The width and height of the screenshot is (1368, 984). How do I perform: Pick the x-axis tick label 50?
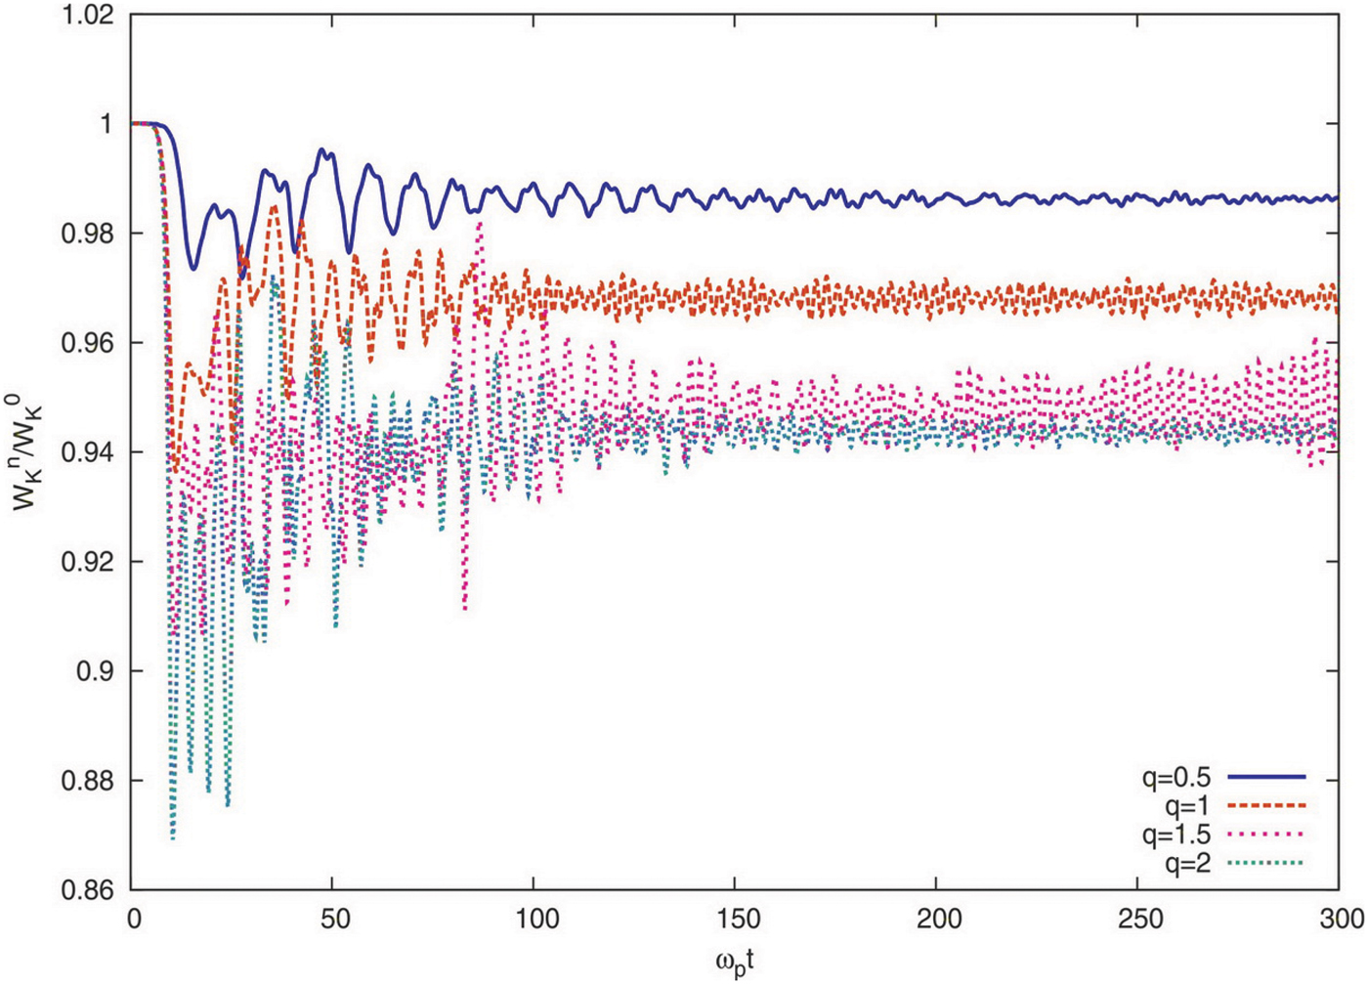[x=334, y=920]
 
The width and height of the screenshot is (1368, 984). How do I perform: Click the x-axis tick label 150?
[x=736, y=920]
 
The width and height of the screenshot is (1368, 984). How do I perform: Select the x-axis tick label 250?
[x=1137, y=920]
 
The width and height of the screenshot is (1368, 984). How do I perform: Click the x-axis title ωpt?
[x=735, y=961]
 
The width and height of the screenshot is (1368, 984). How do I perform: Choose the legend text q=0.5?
[x=1176, y=778]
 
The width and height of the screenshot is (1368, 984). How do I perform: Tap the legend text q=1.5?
[x=1176, y=834]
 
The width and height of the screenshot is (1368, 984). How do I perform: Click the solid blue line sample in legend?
[x=1266, y=777]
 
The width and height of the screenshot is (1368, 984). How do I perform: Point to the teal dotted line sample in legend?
[x=1266, y=863]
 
